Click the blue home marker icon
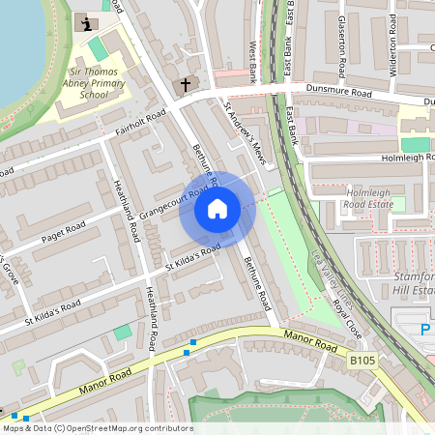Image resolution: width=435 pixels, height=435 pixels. (217, 208)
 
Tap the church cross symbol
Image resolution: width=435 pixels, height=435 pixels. (186, 85)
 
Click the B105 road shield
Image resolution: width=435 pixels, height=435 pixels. (362, 360)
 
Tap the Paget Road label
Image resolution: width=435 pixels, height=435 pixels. (63, 233)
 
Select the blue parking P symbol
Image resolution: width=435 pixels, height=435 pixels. (425, 331)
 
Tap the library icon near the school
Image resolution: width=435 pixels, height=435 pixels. (89, 23)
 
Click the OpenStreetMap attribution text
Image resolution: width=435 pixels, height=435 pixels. (98, 428)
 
